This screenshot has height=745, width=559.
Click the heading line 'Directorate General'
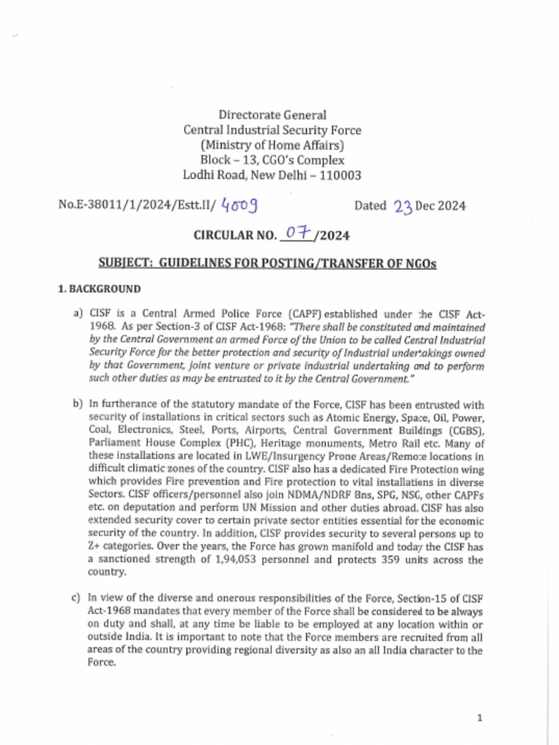tap(272, 115)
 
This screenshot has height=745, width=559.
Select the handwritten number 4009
tap(240, 206)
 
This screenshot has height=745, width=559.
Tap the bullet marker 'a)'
tap(77, 314)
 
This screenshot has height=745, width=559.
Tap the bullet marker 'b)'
tap(77, 404)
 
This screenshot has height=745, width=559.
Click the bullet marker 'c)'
tap(76, 598)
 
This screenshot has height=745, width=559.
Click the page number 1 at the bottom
tap(480, 718)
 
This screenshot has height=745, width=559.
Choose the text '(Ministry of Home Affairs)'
tap(272, 146)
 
